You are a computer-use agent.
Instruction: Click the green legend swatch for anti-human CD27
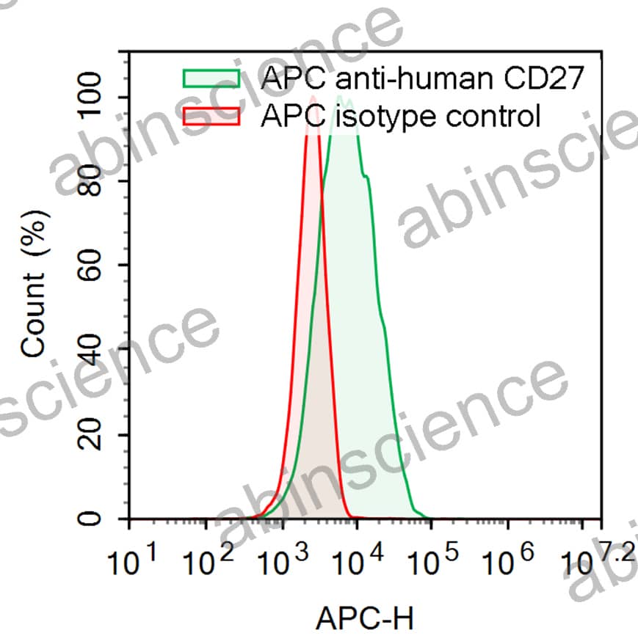(x=211, y=78)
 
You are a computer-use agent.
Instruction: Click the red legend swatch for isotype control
(x=211, y=117)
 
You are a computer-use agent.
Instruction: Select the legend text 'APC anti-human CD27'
(x=422, y=78)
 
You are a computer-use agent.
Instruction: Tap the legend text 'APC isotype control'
(x=400, y=117)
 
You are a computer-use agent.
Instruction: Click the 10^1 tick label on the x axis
(x=132, y=563)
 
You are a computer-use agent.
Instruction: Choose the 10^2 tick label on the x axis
(x=208, y=563)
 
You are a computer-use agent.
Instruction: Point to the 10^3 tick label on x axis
(x=283, y=563)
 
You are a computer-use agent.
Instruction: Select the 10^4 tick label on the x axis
(x=359, y=563)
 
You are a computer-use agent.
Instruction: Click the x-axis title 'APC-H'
(x=364, y=620)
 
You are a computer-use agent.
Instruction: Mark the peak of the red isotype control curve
(x=313, y=97)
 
